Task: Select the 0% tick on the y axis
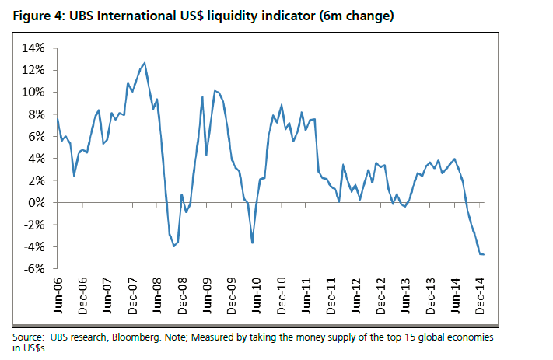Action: click(36, 203)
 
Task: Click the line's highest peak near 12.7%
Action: click(145, 62)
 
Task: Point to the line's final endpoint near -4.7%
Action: click(483, 254)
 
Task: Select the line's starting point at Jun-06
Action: click(58, 118)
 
